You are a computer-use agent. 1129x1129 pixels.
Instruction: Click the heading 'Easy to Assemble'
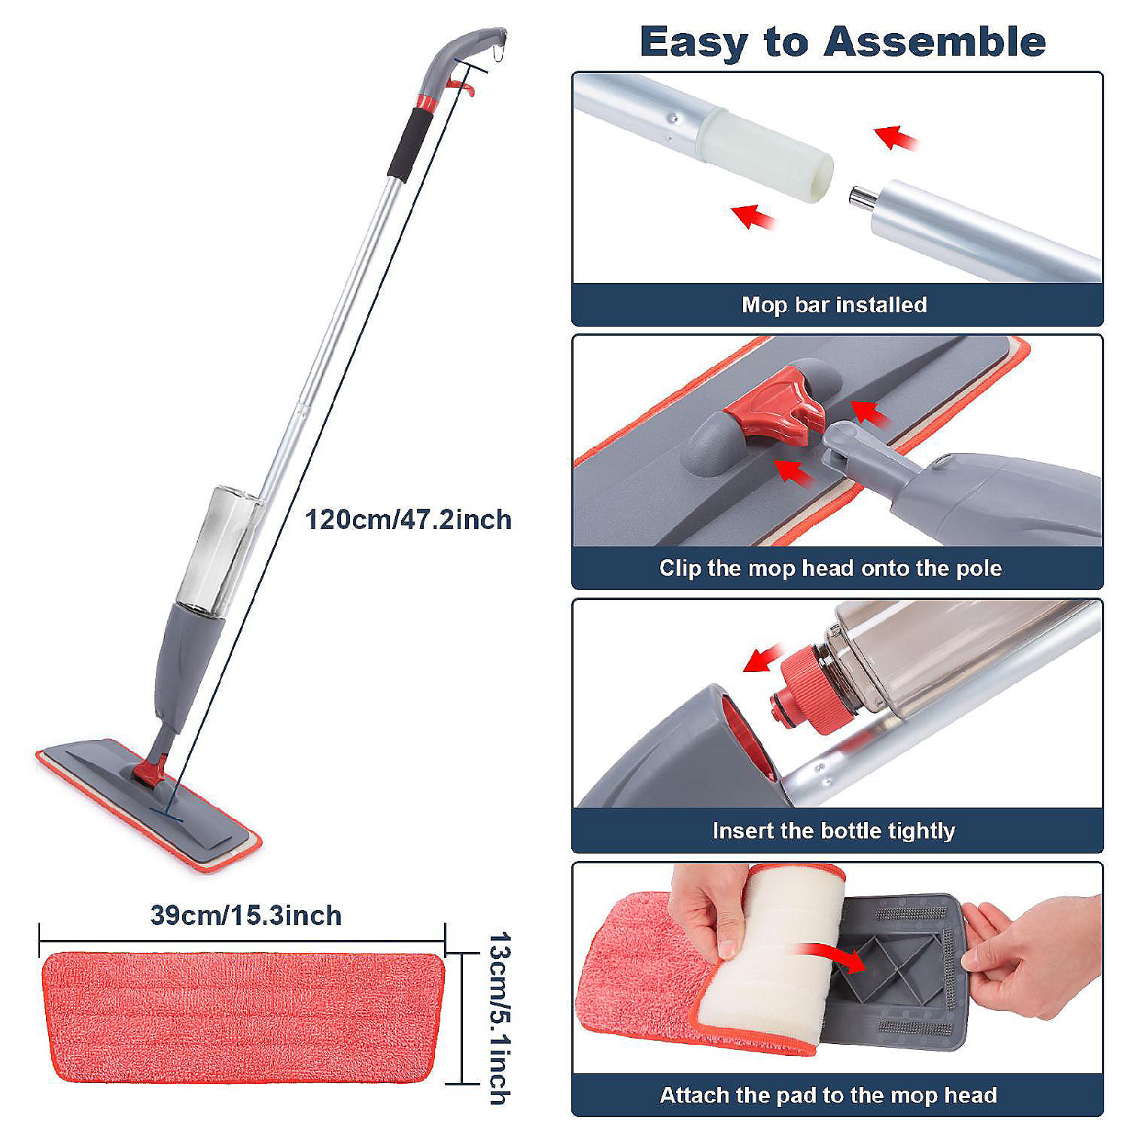pyautogui.click(x=842, y=41)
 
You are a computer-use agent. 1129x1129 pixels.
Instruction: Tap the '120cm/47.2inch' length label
pyautogui.click(x=408, y=519)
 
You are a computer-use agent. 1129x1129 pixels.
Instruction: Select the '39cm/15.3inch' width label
pyautogui.click(x=246, y=915)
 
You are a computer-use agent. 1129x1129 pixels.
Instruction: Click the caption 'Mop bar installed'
pyautogui.click(x=834, y=305)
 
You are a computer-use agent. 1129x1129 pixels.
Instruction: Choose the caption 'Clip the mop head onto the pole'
pyautogui.click(x=830, y=568)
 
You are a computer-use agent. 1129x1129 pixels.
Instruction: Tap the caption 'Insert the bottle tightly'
pyautogui.click(x=833, y=831)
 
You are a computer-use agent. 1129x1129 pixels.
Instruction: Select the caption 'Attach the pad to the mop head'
pyautogui.click(x=828, y=1095)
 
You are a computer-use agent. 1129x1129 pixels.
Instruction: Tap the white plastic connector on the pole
pyautogui.click(x=766, y=156)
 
